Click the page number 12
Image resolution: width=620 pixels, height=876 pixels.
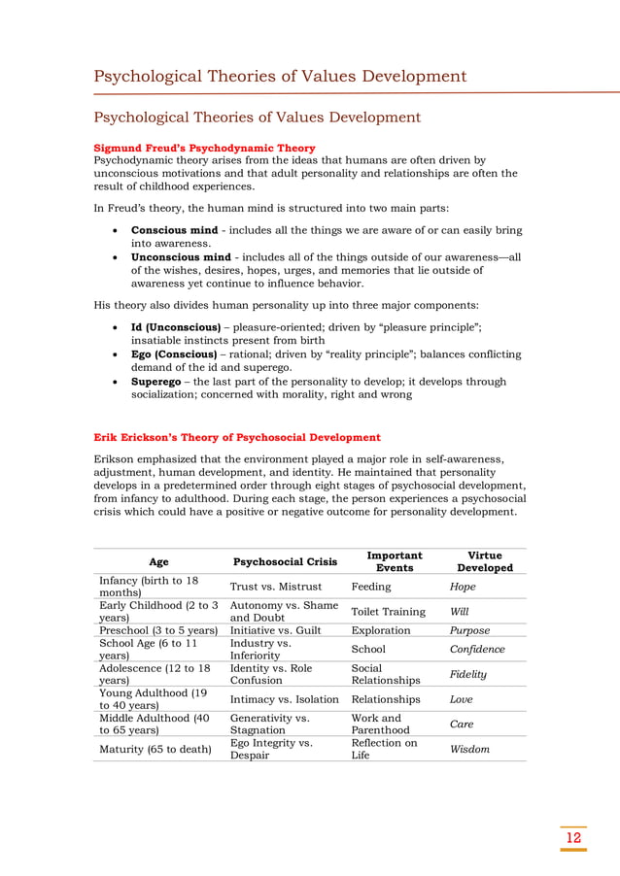point(573,837)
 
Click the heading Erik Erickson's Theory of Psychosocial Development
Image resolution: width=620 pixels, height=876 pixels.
point(236,437)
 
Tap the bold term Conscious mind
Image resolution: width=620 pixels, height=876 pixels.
point(175,230)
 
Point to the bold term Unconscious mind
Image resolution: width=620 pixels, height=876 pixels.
point(181,257)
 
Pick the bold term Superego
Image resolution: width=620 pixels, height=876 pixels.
point(160,382)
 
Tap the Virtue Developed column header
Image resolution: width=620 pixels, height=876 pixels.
point(484,561)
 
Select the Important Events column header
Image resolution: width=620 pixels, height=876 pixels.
point(394,561)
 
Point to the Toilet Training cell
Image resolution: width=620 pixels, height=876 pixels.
point(389,612)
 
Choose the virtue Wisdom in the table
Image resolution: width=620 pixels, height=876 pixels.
point(469,749)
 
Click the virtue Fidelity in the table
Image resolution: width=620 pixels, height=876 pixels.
point(468,674)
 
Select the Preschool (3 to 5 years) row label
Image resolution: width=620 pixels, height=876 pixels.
point(158,629)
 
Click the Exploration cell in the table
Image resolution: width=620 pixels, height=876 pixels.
point(381,629)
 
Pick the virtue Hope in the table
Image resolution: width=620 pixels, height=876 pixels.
point(463,587)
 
